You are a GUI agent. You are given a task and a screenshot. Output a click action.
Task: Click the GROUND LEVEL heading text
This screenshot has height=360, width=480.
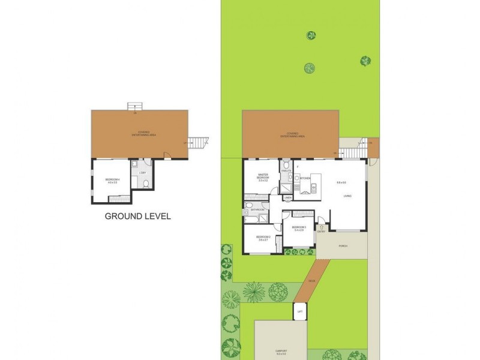[137, 216]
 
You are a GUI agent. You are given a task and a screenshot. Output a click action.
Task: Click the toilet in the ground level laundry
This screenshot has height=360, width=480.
[134, 163]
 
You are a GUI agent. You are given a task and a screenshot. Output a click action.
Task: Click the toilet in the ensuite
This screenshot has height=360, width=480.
[286, 165]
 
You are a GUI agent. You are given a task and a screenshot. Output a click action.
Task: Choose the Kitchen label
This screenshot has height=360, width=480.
[305, 178]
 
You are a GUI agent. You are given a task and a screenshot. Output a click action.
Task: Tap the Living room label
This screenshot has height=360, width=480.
[347, 196]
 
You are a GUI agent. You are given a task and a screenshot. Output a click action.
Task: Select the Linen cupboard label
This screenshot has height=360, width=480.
[288, 197]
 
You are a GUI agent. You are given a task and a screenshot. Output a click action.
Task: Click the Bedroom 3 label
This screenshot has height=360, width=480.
[299, 228]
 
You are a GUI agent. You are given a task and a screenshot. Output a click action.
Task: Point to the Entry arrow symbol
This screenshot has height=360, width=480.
[322, 227]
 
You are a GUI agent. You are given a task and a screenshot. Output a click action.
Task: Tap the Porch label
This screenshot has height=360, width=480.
[343, 246]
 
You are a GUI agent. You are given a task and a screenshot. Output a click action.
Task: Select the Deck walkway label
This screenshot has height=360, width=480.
[311, 280]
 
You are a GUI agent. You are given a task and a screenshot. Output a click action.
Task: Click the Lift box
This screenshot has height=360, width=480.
[299, 311]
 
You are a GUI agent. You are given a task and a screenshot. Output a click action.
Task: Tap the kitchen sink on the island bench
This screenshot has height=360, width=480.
[313, 187]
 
